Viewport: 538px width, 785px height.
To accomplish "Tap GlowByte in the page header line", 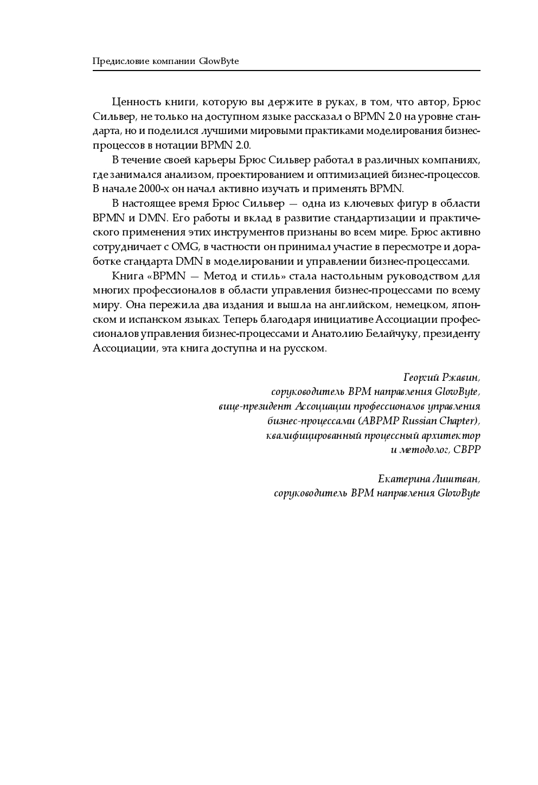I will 219,61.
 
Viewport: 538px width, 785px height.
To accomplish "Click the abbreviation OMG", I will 186,247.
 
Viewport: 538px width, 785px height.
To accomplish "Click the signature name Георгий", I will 422,377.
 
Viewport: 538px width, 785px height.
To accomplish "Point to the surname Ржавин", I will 462,377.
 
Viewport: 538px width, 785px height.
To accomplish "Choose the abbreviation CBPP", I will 467,450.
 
